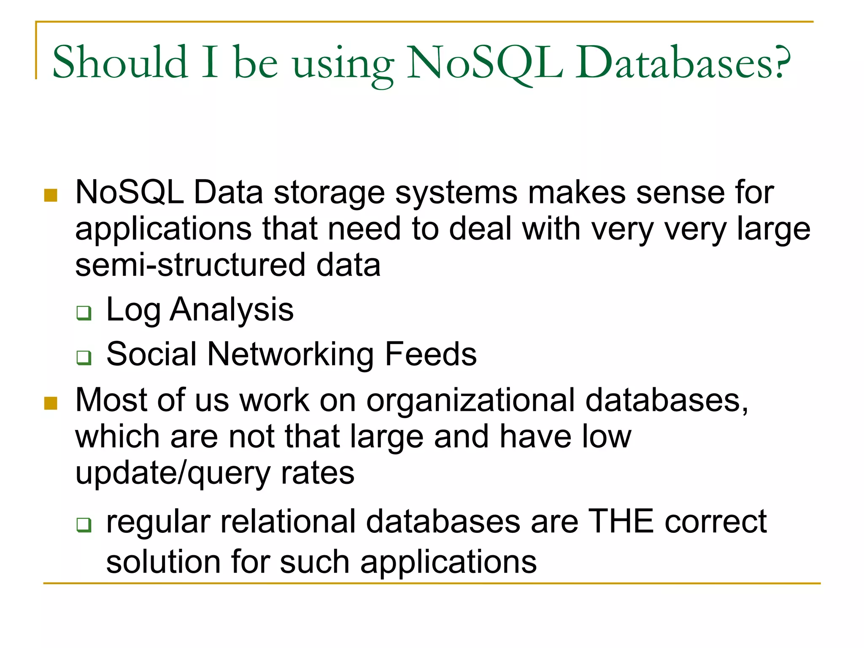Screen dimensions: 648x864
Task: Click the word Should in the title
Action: tap(120, 62)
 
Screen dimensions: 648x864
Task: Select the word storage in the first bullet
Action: tap(329, 193)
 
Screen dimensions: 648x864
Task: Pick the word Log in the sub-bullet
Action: tap(133, 310)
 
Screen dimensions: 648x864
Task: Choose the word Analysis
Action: tap(232, 310)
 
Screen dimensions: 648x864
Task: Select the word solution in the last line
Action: tap(163, 562)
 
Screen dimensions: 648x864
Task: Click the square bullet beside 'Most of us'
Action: tap(51, 403)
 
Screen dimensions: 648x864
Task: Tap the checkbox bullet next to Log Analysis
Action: tap(84, 313)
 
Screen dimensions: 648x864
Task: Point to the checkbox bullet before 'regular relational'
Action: tap(84, 525)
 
